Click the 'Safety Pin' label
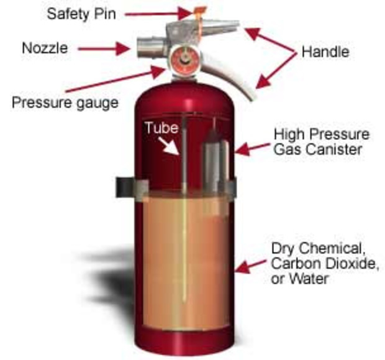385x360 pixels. (x=81, y=13)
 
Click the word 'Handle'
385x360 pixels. (x=325, y=52)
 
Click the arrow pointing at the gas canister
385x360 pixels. (x=251, y=148)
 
